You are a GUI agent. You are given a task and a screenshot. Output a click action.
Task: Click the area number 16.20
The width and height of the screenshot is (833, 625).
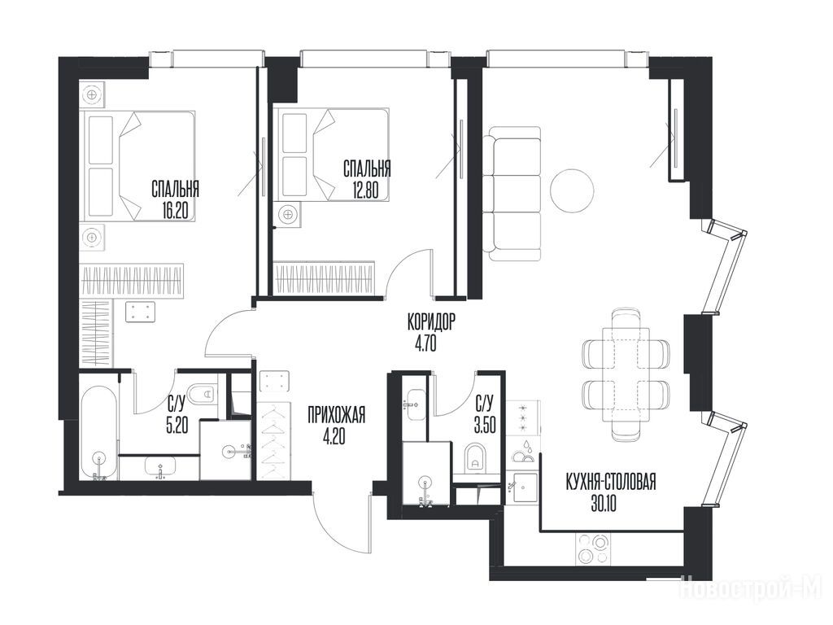(x=176, y=212)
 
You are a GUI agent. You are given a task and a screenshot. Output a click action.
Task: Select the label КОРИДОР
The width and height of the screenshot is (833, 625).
(x=431, y=322)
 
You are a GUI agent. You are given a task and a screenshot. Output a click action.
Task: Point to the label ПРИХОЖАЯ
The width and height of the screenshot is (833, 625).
(x=336, y=414)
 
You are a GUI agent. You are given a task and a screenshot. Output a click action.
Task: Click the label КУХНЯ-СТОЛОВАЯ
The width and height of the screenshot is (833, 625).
(x=611, y=483)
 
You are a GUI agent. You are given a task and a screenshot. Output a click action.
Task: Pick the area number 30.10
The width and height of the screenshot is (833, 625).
(x=604, y=503)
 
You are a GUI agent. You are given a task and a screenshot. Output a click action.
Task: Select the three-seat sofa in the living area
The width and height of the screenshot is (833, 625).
(x=512, y=194)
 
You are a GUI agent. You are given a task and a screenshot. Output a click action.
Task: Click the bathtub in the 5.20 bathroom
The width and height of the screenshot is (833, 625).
(x=98, y=434)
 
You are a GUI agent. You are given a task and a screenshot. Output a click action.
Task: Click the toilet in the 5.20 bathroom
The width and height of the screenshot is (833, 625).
(x=203, y=394)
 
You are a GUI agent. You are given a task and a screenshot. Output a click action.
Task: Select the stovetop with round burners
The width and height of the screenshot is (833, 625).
(x=593, y=549)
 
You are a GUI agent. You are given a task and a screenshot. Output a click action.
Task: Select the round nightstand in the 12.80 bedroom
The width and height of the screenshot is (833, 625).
(x=287, y=215)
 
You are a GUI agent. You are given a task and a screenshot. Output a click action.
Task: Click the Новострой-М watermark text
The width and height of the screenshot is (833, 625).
(x=751, y=588)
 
